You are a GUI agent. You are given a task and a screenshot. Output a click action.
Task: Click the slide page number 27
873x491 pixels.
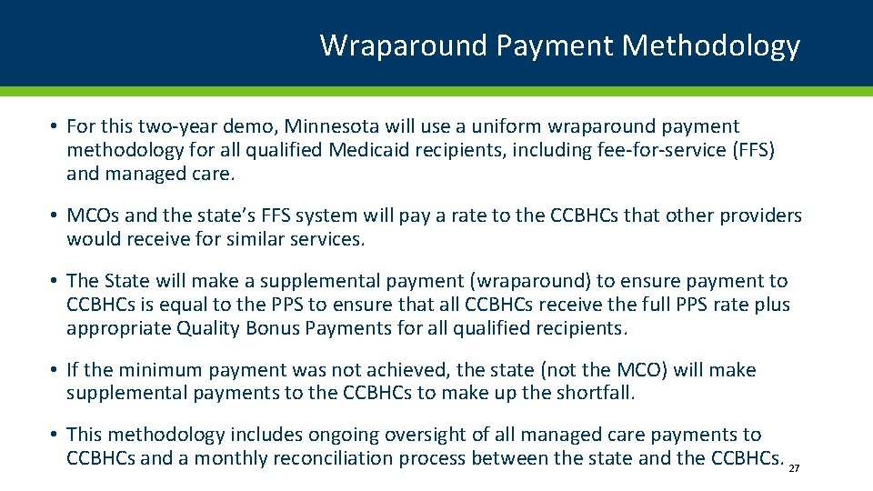point(794,468)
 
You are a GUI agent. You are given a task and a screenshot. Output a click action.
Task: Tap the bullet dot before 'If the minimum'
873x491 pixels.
point(55,370)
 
